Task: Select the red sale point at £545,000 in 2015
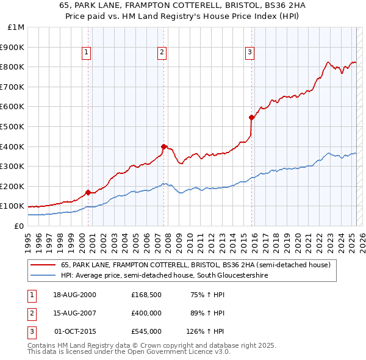coord(251,117)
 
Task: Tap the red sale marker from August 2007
coord(163,146)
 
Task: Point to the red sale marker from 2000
coord(88,192)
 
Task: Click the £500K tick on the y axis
coord(13,126)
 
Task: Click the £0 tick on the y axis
coord(19,226)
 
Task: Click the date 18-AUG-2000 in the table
coord(76,295)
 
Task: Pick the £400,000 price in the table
coord(146,314)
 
